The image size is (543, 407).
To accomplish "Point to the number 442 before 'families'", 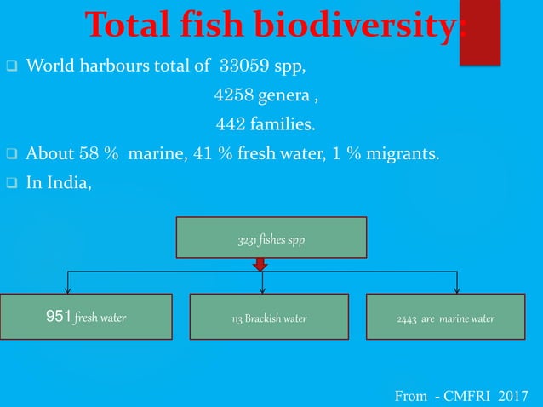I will coord(231,125).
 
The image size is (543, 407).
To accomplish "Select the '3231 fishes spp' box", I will coord(271,237).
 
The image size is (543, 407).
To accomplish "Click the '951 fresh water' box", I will coord(85,318).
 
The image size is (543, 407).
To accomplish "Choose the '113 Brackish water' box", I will coord(269,318).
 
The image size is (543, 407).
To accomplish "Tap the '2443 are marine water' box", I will coord(445,318).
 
